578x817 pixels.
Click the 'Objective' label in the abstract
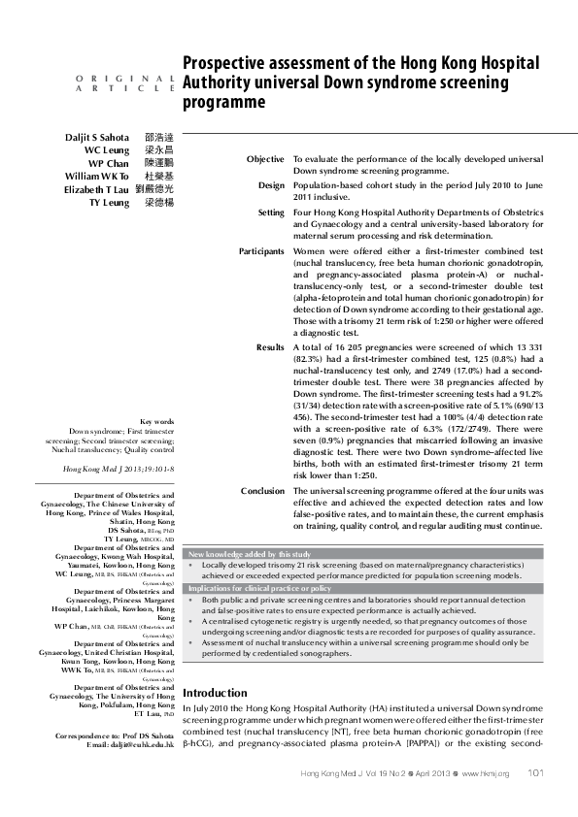(265, 159)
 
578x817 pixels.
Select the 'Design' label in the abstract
(271, 184)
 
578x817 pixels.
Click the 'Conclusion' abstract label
(262, 492)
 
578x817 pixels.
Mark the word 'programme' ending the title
(224, 101)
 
